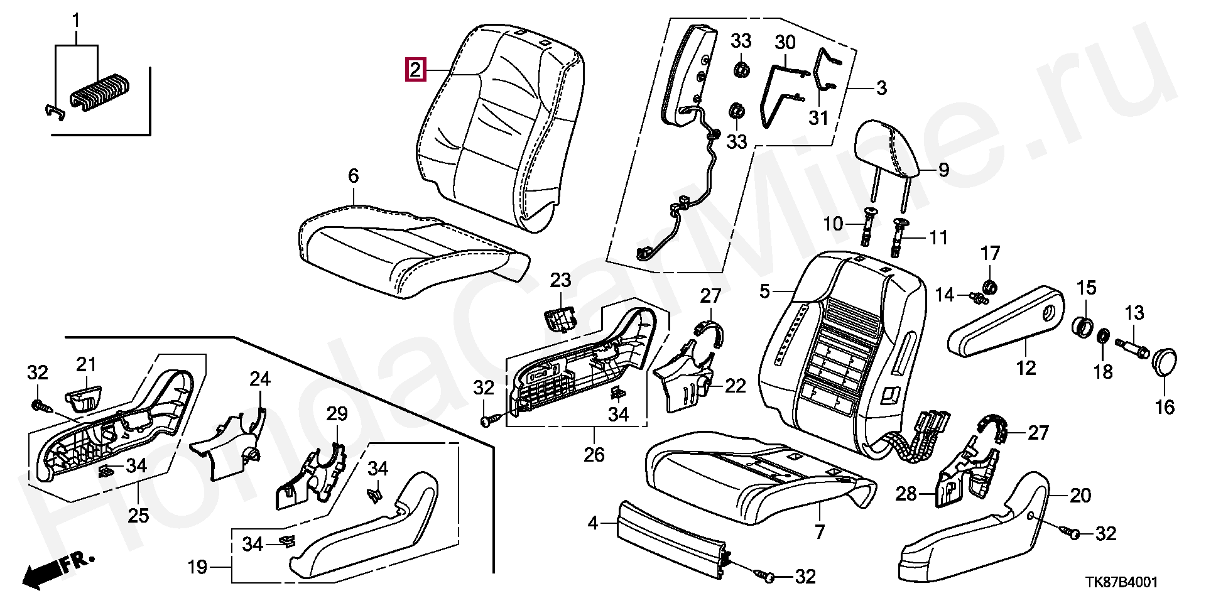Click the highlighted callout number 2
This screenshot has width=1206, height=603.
click(x=416, y=69)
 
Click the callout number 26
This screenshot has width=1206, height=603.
click(x=594, y=454)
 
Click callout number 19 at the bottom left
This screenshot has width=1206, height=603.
click(x=198, y=567)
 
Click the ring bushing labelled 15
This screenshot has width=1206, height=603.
click(x=1083, y=327)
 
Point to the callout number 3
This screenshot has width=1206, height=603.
click(x=881, y=87)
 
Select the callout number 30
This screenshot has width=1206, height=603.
click(x=785, y=43)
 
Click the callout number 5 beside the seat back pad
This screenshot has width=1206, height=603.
click(x=764, y=291)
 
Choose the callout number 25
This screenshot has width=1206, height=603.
click(x=138, y=515)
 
